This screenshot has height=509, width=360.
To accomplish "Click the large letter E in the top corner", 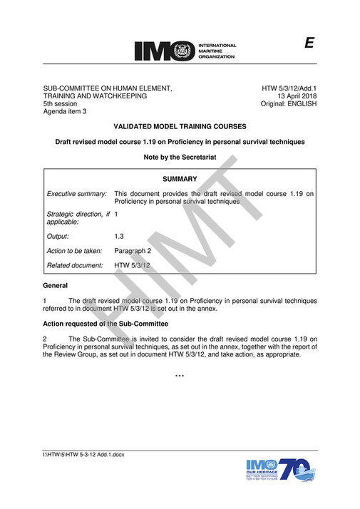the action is [x=309, y=43].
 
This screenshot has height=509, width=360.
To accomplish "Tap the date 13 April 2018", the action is [x=297, y=96].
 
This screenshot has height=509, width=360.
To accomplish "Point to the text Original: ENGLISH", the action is [x=287, y=103].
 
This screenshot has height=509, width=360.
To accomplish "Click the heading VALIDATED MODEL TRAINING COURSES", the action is [x=180, y=125].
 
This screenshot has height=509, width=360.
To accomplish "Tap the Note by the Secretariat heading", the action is [x=180, y=156].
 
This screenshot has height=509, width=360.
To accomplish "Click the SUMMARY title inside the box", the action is [x=180, y=179].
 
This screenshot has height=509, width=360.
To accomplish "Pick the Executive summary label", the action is [x=77, y=193].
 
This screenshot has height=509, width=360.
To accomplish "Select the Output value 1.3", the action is [x=119, y=235].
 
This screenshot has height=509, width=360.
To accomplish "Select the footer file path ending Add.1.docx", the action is [x=84, y=454].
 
